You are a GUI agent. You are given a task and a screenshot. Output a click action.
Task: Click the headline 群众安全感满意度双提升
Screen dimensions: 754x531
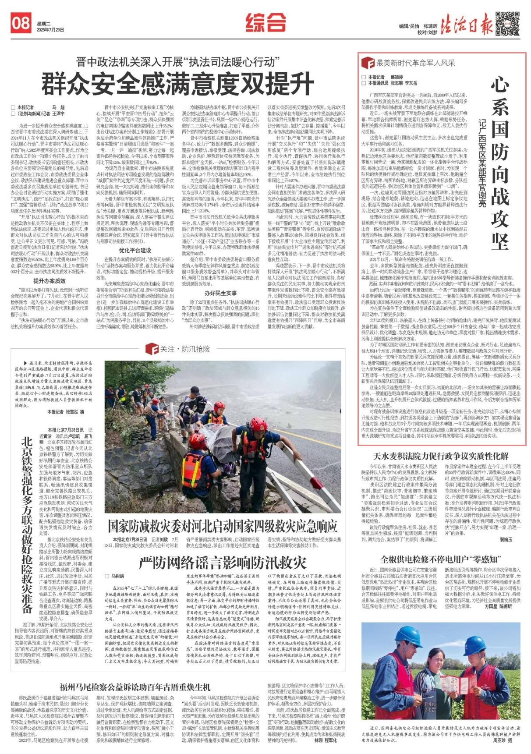tap(178, 83)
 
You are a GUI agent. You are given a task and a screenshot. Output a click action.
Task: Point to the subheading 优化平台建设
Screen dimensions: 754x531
tap(135, 250)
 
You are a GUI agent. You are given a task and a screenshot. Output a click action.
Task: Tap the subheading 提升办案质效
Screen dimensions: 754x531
tap(50, 281)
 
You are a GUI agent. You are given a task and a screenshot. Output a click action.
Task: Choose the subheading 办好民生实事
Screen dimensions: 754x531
tap(220, 293)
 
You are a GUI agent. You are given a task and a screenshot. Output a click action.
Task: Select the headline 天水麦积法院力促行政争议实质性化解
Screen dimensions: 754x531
tap(441, 457)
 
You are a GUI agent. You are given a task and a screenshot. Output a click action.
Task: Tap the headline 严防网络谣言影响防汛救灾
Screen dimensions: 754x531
tap(223, 563)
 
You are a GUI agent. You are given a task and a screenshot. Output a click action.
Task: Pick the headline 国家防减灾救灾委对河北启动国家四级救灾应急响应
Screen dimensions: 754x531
tap(223, 525)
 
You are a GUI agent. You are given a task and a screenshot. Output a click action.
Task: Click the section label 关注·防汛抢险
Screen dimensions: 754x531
tap(178, 349)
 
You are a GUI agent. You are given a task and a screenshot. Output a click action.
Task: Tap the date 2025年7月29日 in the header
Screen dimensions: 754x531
tap(50, 30)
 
